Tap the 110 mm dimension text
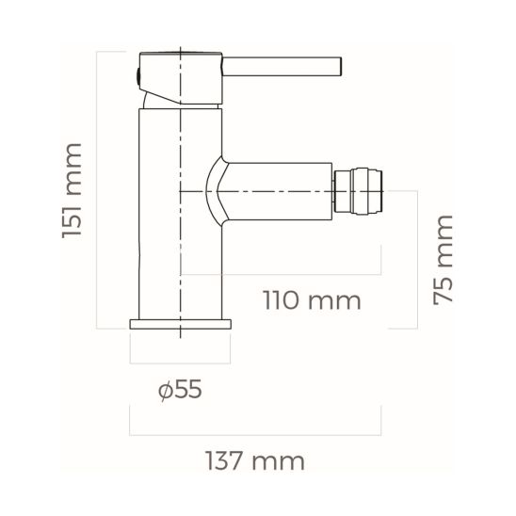[311, 301]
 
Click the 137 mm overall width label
[254, 461]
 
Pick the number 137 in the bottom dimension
[232, 461]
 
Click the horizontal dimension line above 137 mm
[254, 435]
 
